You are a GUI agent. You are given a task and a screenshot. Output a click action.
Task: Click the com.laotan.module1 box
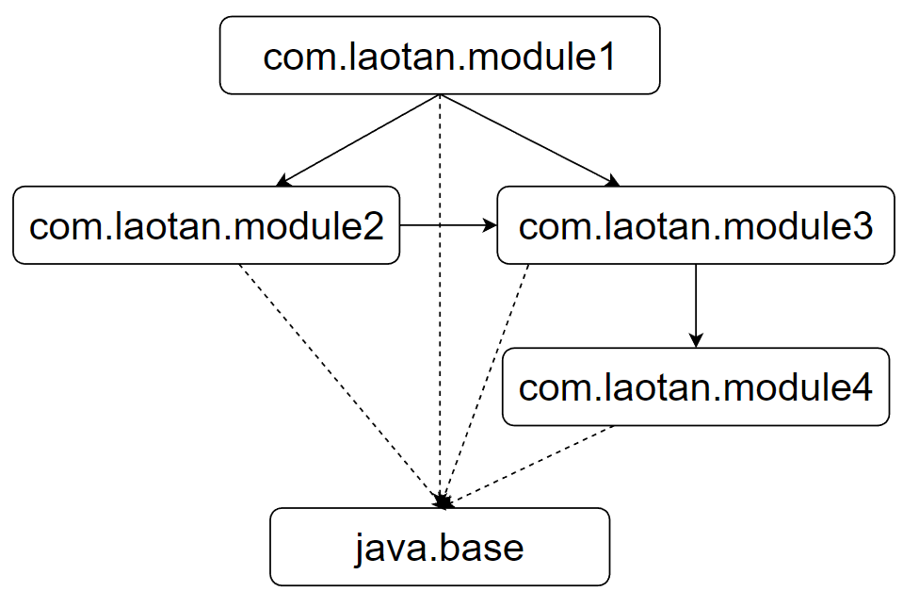[440, 56]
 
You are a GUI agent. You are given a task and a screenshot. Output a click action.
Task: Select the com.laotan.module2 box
[206, 225]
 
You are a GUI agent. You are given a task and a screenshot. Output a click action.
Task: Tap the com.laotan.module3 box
[695, 225]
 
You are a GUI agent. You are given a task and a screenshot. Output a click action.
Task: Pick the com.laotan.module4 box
[695, 387]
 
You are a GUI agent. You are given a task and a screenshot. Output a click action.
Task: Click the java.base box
[440, 547]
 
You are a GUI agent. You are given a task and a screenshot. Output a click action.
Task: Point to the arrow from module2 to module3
[447, 225]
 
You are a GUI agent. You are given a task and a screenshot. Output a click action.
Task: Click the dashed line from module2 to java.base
[339, 382]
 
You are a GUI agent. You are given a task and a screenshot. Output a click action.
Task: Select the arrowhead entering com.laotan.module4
[696, 339]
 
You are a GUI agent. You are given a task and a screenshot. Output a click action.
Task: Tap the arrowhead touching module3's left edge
[490, 225]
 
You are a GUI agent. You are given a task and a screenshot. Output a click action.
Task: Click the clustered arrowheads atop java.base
[443, 501]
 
